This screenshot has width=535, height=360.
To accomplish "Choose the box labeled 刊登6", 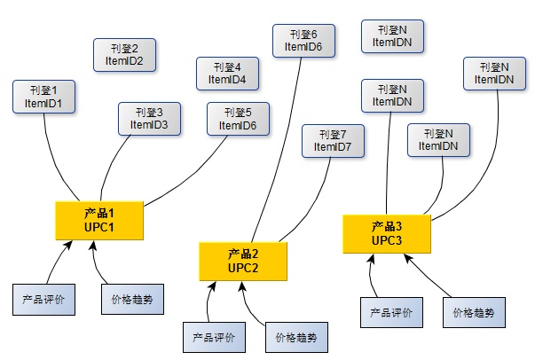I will tap(303, 40).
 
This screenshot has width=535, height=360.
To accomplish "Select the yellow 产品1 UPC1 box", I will tap(99, 220).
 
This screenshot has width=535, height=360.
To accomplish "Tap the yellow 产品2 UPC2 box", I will tap(243, 261).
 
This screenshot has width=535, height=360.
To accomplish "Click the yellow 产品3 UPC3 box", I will tap(387, 233).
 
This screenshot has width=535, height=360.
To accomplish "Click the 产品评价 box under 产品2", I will tap(213, 337).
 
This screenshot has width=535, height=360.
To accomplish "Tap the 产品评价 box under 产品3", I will tap(391, 312).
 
